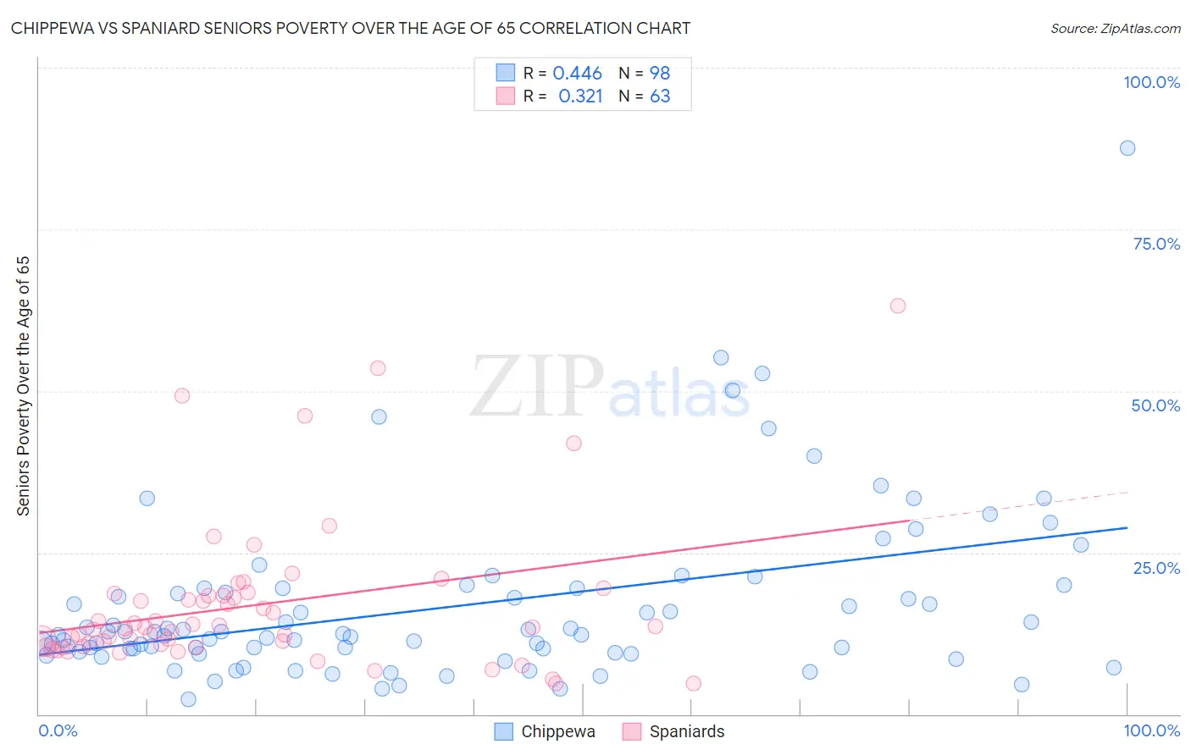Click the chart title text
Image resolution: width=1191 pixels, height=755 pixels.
351,28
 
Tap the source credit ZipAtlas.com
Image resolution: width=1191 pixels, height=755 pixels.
1115,29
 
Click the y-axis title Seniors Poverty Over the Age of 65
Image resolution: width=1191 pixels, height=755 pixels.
23,386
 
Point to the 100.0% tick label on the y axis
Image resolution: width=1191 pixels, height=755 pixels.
1151,82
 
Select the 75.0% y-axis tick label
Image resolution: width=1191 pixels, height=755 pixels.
1156,244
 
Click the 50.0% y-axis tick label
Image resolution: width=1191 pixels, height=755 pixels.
1155,405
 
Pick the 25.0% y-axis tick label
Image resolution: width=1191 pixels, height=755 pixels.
1156,567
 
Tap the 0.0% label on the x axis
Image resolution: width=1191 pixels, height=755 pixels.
58,730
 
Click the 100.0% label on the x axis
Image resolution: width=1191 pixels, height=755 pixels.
1151,730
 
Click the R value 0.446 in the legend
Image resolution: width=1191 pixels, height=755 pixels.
577,74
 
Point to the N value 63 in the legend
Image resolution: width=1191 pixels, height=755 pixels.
660,96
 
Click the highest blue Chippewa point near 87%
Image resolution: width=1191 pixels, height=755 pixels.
1127,148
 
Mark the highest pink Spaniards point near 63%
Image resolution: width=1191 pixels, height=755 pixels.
897,306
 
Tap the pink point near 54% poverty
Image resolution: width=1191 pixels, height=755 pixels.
378,368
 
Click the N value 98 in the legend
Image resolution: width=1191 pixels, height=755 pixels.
660,74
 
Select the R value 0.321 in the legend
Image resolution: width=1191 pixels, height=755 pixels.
580,96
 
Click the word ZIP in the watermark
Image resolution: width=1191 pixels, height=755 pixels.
537,388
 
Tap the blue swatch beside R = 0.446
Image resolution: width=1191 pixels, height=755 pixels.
505,73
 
